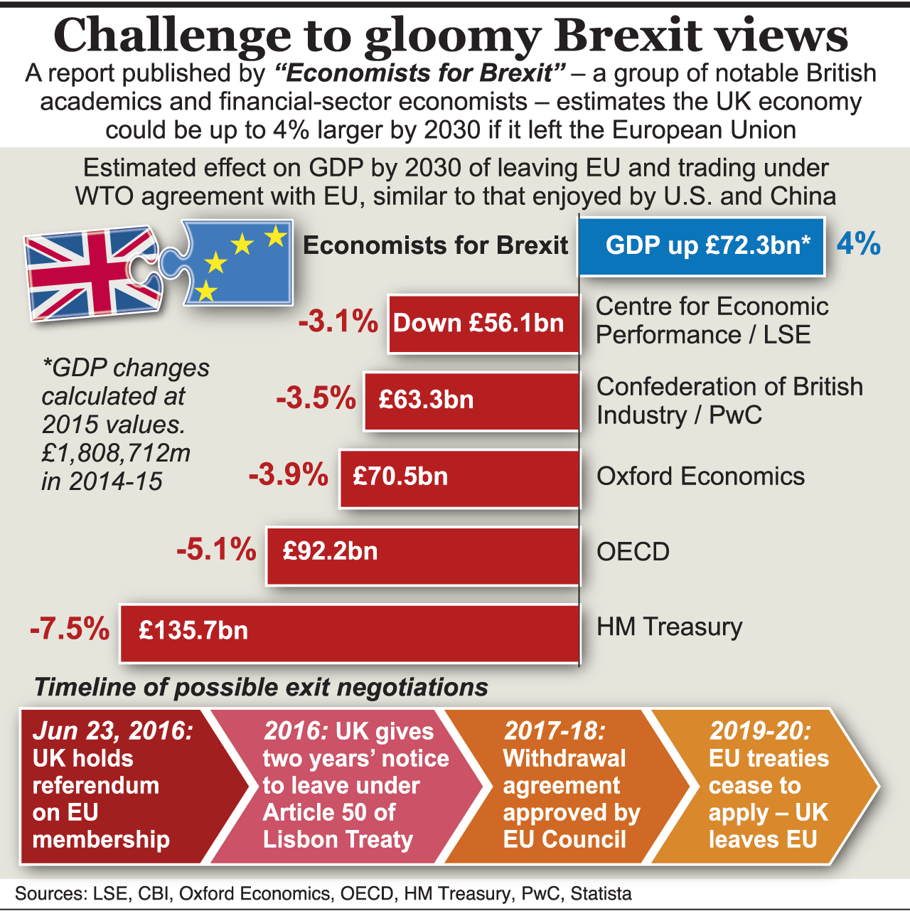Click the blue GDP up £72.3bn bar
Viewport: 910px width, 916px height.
[x=701, y=246]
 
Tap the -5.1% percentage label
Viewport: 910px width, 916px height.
[x=217, y=550]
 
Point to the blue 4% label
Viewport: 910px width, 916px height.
[x=858, y=244]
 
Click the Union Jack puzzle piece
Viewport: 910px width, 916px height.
[x=92, y=272]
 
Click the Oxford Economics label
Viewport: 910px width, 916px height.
[x=700, y=476]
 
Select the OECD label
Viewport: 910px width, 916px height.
[x=633, y=552]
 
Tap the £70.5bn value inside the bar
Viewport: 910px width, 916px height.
[x=400, y=476]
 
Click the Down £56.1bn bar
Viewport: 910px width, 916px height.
[x=483, y=324]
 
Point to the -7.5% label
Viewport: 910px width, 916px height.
[x=70, y=629]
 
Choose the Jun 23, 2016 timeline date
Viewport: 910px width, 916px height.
[x=112, y=731]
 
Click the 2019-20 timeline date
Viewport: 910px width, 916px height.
[x=759, y=731]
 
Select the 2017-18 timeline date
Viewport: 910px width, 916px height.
[x=555, y=731]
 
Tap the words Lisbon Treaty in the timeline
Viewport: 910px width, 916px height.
[x=338, y=840]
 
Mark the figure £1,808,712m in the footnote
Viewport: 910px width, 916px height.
[x=116, y=453]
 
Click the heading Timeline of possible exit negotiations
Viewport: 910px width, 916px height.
[x=261, y=688]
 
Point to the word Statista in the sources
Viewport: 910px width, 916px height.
[x=601, y=894]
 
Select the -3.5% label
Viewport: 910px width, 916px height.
[x=316, y=398]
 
